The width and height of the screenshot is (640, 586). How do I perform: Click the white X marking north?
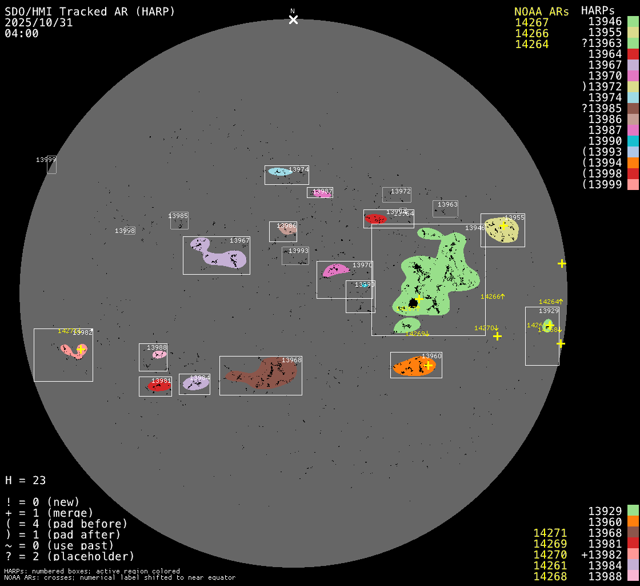(293, 20)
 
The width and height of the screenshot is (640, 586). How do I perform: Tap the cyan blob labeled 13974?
(279, 172)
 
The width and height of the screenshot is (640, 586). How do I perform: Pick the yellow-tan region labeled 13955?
(502, 230)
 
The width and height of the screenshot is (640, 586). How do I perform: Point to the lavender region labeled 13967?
(220, 256)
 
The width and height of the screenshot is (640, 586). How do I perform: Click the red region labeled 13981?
(159, 387)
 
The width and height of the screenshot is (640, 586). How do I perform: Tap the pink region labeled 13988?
(159, 355)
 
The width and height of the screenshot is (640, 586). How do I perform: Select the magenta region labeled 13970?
(334, 270)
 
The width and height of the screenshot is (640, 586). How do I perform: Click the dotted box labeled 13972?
(397, 195)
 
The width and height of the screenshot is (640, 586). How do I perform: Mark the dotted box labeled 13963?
(445, 208)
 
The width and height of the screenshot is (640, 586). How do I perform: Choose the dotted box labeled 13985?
(179, 220)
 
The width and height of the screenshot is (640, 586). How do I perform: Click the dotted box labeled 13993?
(295, 256)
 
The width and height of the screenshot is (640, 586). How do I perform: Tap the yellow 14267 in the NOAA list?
(531, 23)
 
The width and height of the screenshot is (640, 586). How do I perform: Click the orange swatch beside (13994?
(633, 163)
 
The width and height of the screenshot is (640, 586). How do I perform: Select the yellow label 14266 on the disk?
(492, 296)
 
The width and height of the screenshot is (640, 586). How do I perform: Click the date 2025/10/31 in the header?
(39, 23)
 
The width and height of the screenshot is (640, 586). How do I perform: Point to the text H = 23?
(25, 480)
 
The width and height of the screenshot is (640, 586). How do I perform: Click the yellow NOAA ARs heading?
(541, 11)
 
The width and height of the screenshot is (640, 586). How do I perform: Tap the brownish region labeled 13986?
(287, 230)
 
